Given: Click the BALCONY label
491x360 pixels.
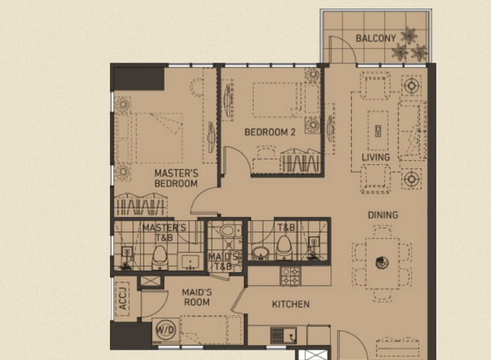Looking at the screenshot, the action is coord(376,38).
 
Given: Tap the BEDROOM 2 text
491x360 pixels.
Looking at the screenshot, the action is coord(270,132).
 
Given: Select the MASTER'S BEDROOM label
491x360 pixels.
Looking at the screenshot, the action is coord(176,178).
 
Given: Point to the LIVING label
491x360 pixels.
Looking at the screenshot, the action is coord(376,157).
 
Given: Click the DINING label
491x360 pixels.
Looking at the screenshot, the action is coord(383,215).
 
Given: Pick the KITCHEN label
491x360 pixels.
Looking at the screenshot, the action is coord(291,304).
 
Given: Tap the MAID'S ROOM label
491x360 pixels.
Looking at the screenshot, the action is coord(197,298).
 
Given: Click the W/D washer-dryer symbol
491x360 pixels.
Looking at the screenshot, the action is coord(166,330).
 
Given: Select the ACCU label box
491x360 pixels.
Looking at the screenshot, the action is coord(123,299).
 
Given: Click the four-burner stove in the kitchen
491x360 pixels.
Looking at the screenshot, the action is coord(290,276).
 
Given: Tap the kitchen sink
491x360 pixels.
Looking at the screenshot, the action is coord(283,335).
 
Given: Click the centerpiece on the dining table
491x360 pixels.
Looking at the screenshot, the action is coord(381,262).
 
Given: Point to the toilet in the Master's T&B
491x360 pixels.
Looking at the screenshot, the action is coord(160,257).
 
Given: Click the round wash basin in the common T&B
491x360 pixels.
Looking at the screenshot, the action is coord(261,253).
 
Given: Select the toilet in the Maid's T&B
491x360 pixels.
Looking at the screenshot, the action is coord(228,232).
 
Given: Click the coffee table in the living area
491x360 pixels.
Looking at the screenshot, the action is coord(378,130).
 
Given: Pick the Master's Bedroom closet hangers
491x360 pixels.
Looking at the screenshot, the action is coord(140,205).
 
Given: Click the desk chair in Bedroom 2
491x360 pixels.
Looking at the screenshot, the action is coord(266,152).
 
